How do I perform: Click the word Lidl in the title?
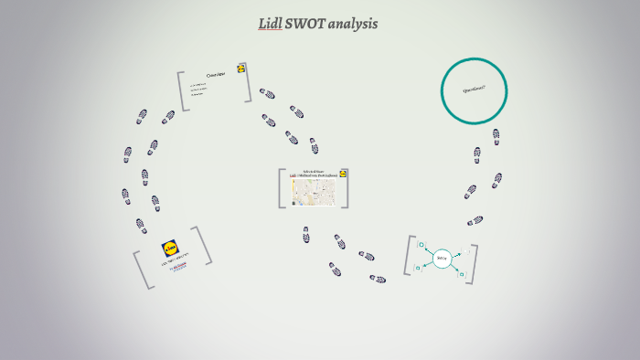pos(270,24)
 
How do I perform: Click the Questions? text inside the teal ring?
pos(474,90)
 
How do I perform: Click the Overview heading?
pos(216,74)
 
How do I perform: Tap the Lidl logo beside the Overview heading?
pos(241,69)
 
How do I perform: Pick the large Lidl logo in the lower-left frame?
pos(171,248)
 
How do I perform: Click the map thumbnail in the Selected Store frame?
pos(314,192)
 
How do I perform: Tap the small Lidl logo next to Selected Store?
pos(344,173)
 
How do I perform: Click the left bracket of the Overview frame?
pos(182,91)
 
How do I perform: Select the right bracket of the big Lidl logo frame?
pos(202,245)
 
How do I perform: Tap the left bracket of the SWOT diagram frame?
pos(409,257)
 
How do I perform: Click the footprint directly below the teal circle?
pos(496,136)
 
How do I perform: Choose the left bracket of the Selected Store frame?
pos(282,188)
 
